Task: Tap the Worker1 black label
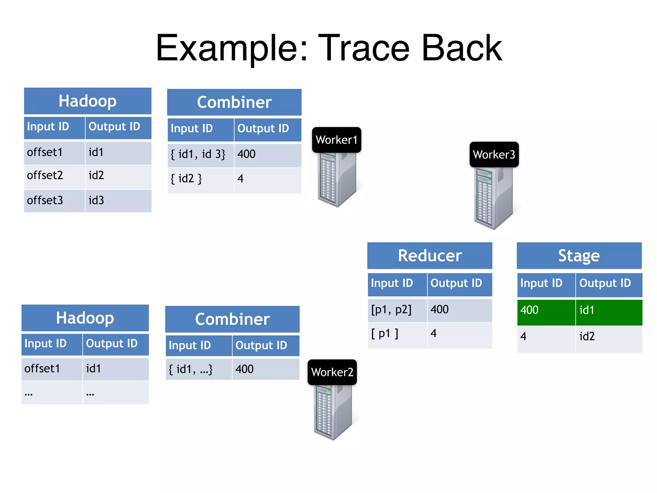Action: tap(337, 140)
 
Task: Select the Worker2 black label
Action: tap(332, 372)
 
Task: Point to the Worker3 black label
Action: tap(494, 155)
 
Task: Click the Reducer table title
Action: tap(430, 256)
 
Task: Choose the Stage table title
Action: tap(579, 256)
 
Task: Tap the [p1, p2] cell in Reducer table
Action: tap(397, 310)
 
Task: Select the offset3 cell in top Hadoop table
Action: tap(54, 201)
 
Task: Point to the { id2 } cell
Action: tap(201, 179)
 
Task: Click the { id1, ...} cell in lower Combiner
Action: tap(198, 369)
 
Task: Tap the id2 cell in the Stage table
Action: tap(609, 337)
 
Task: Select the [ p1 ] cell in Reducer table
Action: tap(397, 334)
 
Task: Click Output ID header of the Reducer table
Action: tap(459, 284)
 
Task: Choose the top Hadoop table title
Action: tap(88, 101)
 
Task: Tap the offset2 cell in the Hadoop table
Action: tap(54, 176)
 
